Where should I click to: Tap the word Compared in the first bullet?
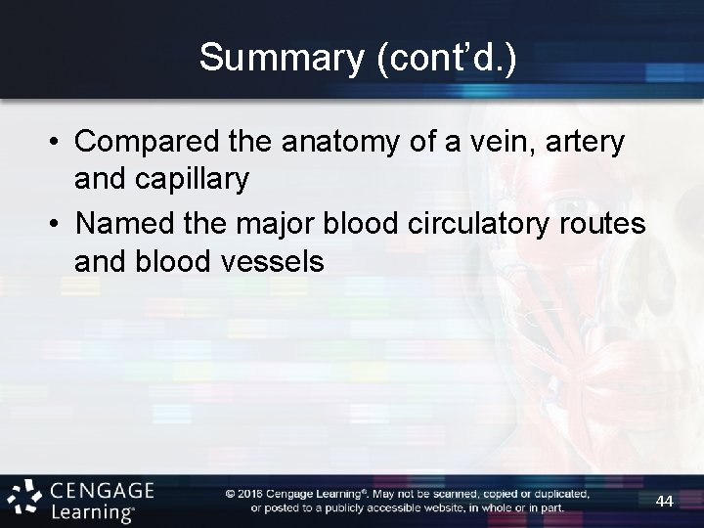[x=142, y=144]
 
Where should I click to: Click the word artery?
[x=586, y=144]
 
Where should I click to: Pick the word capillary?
[x=198, y=180]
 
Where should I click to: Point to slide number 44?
[x=664, y=502]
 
